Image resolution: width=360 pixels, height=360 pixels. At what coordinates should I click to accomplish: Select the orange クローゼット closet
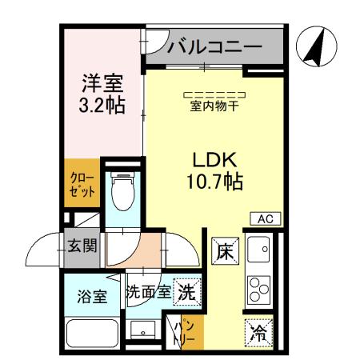[x=81, y=185]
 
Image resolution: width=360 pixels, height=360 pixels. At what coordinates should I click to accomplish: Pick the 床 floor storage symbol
[x=224, y=251]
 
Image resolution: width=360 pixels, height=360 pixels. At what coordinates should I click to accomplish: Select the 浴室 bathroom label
[x=92, y=296]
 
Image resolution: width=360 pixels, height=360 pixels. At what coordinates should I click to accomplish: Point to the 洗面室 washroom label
[x=148, y=292]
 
